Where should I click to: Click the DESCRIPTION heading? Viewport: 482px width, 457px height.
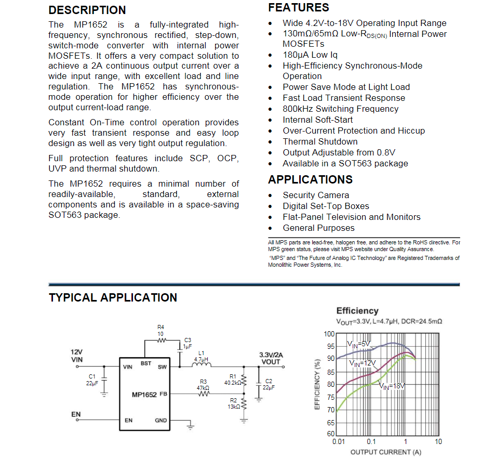point(87,10)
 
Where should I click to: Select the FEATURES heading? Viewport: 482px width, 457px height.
point(298,8)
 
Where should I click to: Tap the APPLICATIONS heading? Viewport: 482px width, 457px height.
point(310,180)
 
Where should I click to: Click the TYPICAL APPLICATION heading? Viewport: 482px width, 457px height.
point(113,298)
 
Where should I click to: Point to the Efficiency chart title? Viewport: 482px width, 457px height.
point(357,311)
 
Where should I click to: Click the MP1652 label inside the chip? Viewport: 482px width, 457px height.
point(144,395)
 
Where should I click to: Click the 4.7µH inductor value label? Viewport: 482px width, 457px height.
point(201,359)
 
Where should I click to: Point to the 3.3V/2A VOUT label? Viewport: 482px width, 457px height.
point(270,358)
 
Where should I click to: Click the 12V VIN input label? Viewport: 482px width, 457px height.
point(76,356)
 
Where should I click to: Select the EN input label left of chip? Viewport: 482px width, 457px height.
point(76,414)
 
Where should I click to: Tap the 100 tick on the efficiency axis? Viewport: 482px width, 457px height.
point(329,334)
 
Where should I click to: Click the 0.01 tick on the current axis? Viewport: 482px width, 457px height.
point(338,442)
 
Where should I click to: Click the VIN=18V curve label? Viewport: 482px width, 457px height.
point(392,386)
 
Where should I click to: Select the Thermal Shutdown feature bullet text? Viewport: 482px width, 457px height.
point(320,142)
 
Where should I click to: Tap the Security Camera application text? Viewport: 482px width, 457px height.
point(316,195)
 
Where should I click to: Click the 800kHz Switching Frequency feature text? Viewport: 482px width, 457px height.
point(340,109)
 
